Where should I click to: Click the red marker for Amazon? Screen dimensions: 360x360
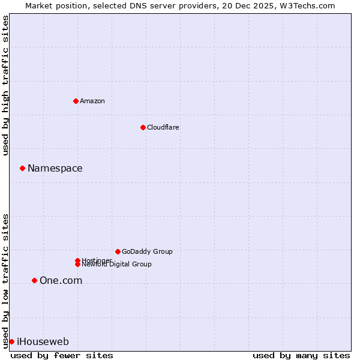pos(76,101)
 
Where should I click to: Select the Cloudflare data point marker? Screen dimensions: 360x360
pos(143,127)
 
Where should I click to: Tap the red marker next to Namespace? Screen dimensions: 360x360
pos(22,168)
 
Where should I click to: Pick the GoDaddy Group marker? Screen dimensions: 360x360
pos(118,251)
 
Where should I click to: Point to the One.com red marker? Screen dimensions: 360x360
pos(34,280)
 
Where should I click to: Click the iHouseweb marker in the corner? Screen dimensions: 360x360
pos(11,341)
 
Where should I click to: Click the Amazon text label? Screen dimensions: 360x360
pos(92,101)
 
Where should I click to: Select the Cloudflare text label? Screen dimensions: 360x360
pos(163,127)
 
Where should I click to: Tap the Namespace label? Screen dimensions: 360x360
pos(55,169)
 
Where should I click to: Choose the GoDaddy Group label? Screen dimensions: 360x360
pos(147,251)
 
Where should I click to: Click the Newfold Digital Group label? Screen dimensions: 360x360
pos(117,265)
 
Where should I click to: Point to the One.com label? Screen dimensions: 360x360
pos(61,281)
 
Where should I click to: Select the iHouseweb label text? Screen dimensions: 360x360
pos(43,342)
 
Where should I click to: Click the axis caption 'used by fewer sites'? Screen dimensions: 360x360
pos(62,355)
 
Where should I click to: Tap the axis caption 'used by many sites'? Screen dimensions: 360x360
pos(301,355)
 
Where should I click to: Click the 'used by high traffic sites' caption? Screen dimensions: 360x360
pos(6,85)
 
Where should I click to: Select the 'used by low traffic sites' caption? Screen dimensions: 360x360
pos(6,280)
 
